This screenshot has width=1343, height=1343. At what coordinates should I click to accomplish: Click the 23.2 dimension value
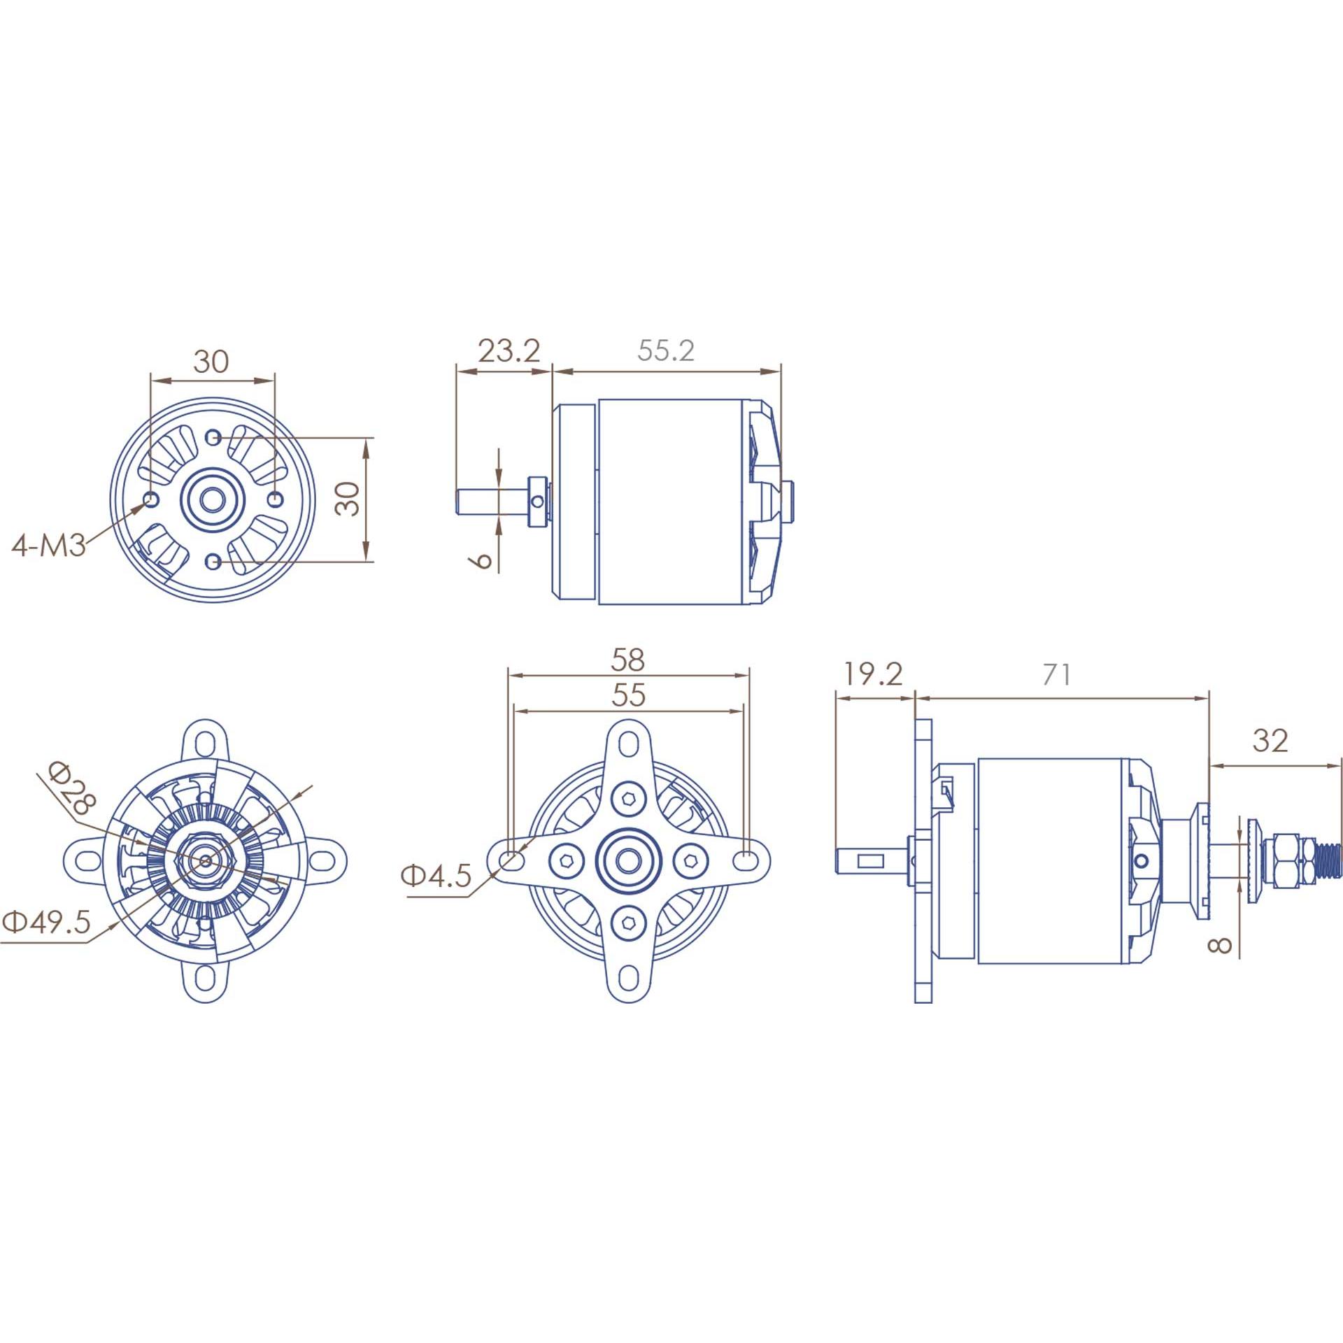click(509, 350)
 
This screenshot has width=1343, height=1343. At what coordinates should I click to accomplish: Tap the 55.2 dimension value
click(666, 350)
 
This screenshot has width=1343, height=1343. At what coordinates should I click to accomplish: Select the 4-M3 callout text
click(49, 545)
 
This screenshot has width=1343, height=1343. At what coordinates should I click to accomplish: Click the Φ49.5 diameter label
click(47, 922)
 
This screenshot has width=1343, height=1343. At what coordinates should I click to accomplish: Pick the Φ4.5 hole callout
click(436, 876)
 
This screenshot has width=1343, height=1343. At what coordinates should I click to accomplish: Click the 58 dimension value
click(627, 660)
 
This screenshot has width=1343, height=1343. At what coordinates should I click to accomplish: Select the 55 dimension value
click(628, 695)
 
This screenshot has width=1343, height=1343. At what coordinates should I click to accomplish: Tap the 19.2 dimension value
click(872, 674)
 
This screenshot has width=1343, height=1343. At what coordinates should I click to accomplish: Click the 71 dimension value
click(1056, 675)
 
